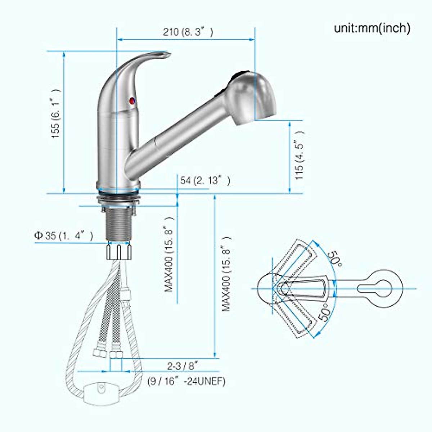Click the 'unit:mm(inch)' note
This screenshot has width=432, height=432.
[372, 28]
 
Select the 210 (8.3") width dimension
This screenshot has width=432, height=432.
[188, 32]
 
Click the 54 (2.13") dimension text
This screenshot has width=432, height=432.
[205, 180]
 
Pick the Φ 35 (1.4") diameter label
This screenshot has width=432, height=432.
[64, 236]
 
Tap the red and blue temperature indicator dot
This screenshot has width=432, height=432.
[132, 101]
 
